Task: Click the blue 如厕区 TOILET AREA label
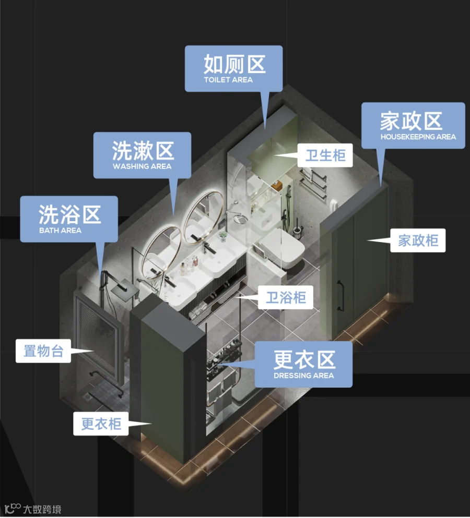(x=233, y=68)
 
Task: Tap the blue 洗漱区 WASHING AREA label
(x=142, y=154)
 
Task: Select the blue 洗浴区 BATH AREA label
(x=69, y=219)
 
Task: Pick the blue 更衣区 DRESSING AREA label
(x=303, y=364)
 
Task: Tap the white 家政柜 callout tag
(x=418, y=240)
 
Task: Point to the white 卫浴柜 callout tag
(x=286, y=298)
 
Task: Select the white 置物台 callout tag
(x=43, y=351)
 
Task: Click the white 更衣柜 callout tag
(x=101, y=424)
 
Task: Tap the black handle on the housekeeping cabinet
(x=340, y=296)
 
